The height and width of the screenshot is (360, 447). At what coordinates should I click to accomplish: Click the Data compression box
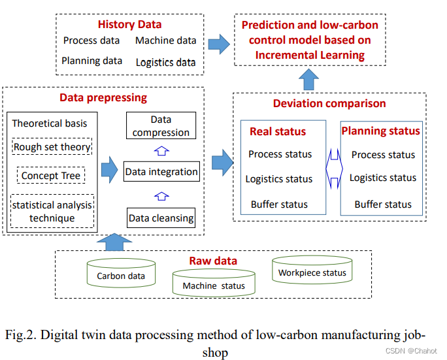pos(161,126)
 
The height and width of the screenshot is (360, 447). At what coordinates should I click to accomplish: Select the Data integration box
pos(161,172)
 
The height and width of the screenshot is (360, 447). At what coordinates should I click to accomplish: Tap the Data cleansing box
pos(161,218)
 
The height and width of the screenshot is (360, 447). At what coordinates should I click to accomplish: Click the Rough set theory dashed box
pos(52,147)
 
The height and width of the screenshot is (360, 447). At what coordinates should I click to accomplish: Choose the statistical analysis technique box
pos(52,211)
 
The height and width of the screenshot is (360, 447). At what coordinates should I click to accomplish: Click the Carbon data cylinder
pos(121,274)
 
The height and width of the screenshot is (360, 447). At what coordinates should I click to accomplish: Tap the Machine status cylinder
pos(214,284)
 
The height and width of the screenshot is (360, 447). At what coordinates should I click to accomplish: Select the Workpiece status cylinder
pos(312,271)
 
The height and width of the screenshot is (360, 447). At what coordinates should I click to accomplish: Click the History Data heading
pos(129,25)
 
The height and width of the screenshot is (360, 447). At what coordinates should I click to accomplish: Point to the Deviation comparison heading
pos(329,103)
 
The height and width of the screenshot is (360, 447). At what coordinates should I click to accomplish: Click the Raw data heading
pos(213,261)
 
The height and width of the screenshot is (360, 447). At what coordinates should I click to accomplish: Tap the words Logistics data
pos(166,63)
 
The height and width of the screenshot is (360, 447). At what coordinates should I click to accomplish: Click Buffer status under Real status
pos(279,205)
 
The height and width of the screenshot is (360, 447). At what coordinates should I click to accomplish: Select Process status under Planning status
pos(383,155)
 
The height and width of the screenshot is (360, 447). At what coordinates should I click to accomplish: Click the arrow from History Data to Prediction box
pos(219,44)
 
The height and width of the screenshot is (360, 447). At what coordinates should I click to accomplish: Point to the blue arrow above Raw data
pos(114,242)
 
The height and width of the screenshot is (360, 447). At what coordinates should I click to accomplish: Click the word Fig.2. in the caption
pos(21,335)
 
